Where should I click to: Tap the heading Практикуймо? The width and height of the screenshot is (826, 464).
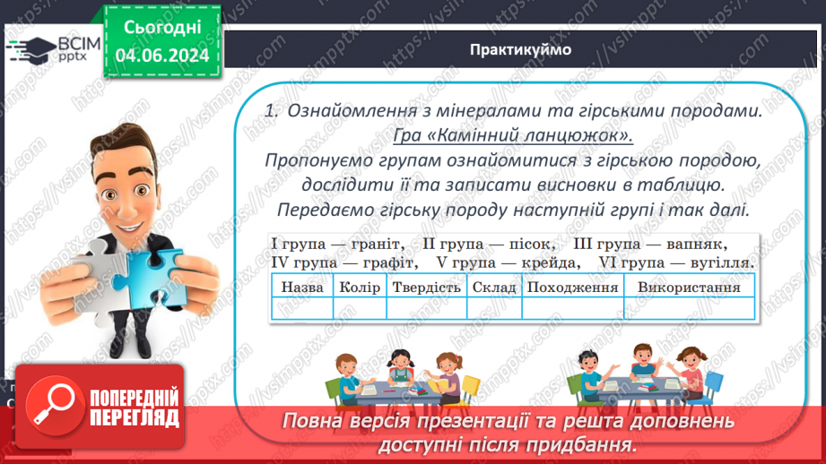(520, 49)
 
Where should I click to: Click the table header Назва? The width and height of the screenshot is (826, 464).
(302, 288)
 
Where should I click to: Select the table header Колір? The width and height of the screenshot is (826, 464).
(360, 288)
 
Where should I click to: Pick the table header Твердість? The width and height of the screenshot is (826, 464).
(425, 288)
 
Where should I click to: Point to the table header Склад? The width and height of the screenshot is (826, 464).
(492, 288)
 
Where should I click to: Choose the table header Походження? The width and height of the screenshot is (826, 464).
(572, 288)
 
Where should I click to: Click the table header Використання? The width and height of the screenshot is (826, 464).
(689, 288)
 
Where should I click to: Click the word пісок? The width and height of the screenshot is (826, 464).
(528, 244)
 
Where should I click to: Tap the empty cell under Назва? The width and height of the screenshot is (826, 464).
(302, 308)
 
